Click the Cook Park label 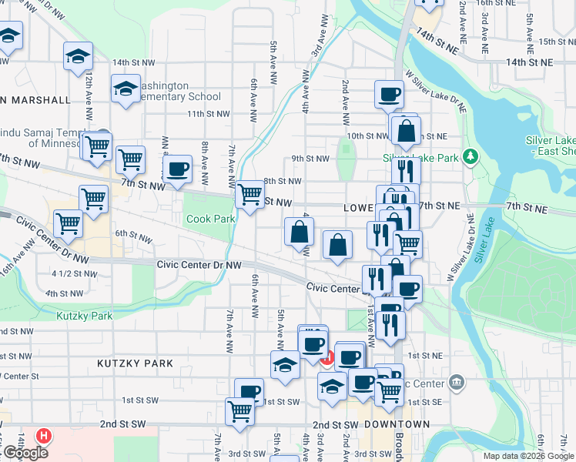(x=211, y=219)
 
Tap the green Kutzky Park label (x=84, y=316)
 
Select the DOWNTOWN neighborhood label (x=397, y=424)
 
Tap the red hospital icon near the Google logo (x=45, y=436)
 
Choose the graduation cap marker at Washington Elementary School (x=125, y=89)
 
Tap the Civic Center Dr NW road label (x=199, y=264)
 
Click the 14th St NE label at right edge (x=531, y=61)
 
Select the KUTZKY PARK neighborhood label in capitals (x=136, y=362)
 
